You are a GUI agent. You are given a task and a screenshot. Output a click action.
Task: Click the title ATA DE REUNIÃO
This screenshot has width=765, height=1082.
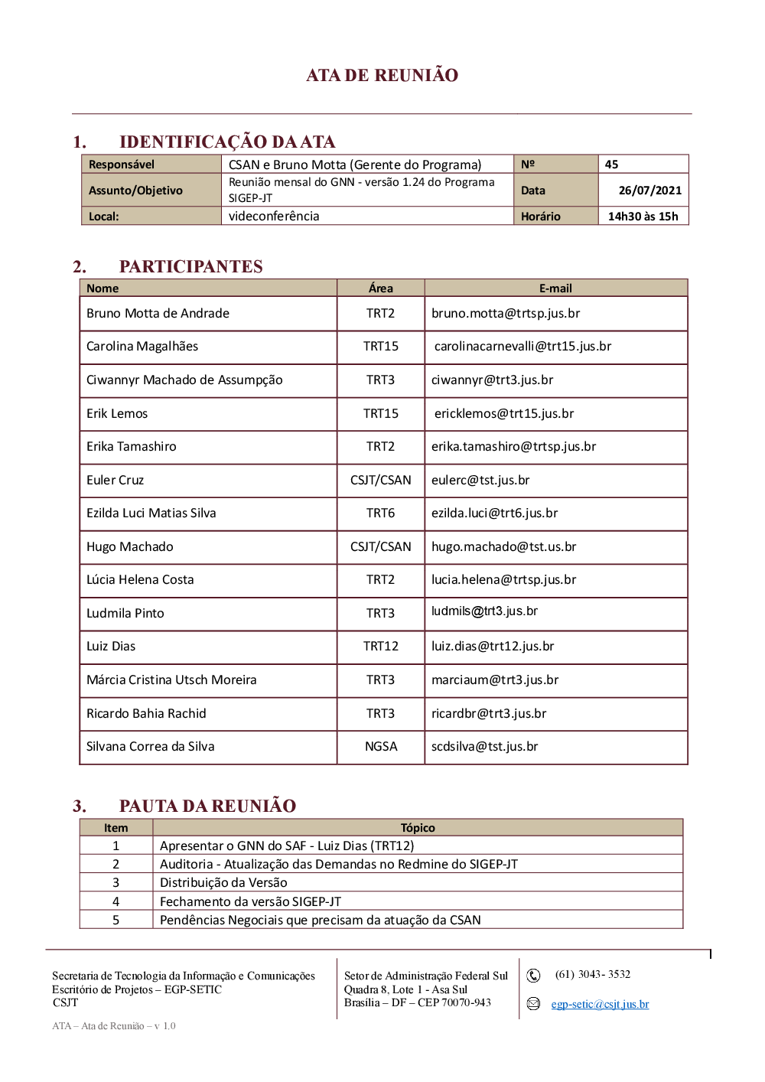click(382, 75)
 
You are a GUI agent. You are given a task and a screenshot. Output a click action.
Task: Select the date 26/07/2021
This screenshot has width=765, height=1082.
click(649, 191)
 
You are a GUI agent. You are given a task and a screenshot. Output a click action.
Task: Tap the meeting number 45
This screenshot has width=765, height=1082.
click(611, 165)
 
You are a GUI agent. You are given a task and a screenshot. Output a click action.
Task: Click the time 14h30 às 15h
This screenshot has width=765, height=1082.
click(643, 217)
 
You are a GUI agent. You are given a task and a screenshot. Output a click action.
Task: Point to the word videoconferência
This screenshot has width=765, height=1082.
click(274, 217)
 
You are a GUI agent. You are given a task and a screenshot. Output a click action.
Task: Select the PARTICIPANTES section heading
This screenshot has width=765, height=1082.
click(190, 266)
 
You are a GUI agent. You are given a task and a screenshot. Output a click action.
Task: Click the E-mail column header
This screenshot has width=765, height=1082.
click(555, 288)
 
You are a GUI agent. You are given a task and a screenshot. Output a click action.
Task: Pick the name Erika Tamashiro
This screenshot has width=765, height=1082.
click(131, 446)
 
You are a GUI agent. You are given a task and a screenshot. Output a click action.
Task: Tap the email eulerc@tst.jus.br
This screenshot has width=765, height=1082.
click(480, 480)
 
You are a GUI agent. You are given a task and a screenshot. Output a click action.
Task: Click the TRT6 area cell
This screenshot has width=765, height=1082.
click(380, 513)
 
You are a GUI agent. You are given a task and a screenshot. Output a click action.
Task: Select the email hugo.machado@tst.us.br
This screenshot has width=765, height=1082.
click(503, 546)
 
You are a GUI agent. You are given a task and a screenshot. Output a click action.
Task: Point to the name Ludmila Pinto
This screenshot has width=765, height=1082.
click(125, 613)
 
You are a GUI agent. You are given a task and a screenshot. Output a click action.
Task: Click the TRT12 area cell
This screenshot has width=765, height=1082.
click(380, 646)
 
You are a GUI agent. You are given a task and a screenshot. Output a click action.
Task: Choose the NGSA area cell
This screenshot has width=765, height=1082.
click(380, 746)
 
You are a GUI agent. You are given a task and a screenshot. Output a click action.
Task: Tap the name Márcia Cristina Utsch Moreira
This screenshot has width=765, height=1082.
click(171, 680)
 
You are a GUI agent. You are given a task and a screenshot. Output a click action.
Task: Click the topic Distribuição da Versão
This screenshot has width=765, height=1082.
click(223, 882)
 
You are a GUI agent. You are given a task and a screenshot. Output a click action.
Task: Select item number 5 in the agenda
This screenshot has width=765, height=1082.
click(116, 920)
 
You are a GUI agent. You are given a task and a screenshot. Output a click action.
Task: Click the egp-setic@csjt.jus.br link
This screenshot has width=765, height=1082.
click(600, 1004)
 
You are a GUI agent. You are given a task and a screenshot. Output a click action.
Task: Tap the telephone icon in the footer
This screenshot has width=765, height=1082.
click(533, 975)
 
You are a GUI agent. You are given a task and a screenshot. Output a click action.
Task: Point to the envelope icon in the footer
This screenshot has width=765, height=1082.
click(533, 1003)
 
